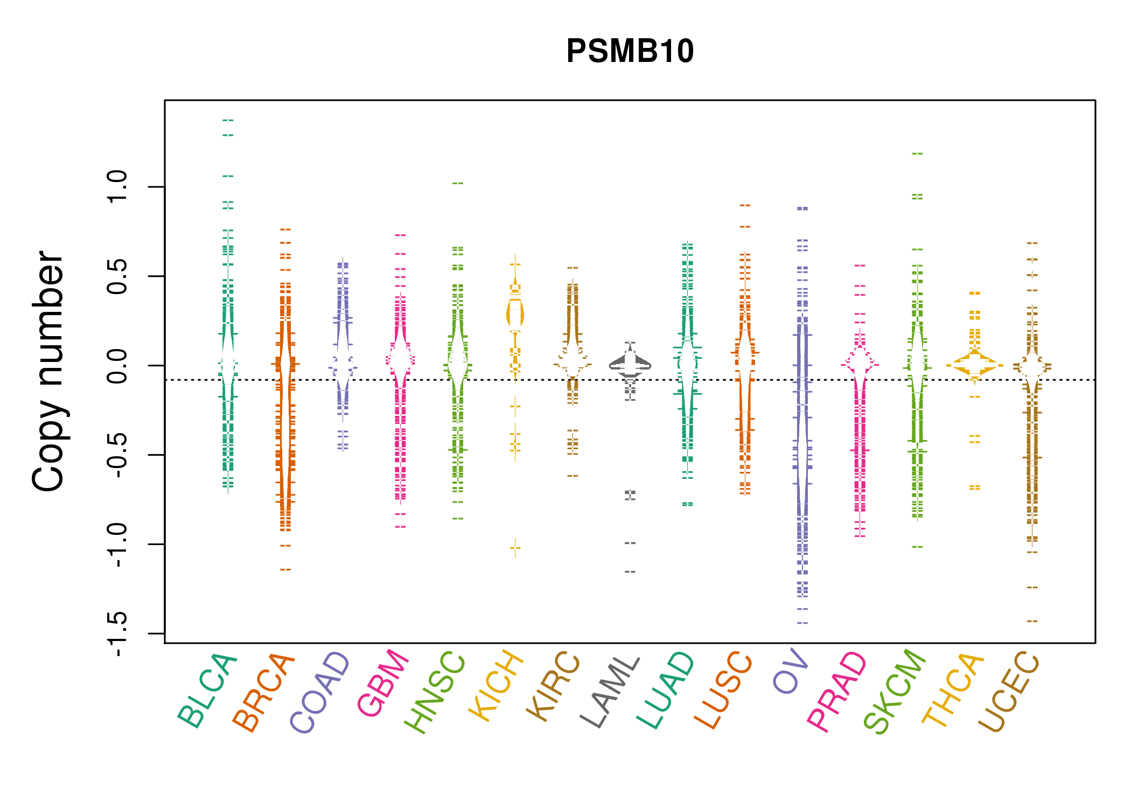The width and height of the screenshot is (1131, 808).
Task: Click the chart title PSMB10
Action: (630, 51)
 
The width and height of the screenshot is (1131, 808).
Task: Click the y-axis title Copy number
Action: (48, 371)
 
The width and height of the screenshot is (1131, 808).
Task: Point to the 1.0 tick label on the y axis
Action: (117, 187)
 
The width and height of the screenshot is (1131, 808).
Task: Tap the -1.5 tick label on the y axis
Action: (117, 634)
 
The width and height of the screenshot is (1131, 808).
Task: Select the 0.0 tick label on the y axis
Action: (117, 366)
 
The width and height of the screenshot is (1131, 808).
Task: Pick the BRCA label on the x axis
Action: (264, 692)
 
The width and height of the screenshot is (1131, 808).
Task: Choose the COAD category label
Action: (321, 692)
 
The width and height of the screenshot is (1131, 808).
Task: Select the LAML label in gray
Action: (610, 692)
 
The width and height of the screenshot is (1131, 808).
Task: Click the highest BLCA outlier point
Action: (228, 120)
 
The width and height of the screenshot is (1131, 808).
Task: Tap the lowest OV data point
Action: (802, 623)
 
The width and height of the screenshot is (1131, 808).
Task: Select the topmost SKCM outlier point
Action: (917, 154)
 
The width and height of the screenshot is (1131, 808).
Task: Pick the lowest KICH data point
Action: (515, 548)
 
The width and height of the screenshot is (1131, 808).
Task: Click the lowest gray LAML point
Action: (630, 572)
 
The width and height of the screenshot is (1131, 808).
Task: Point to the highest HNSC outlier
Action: (458, 184)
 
